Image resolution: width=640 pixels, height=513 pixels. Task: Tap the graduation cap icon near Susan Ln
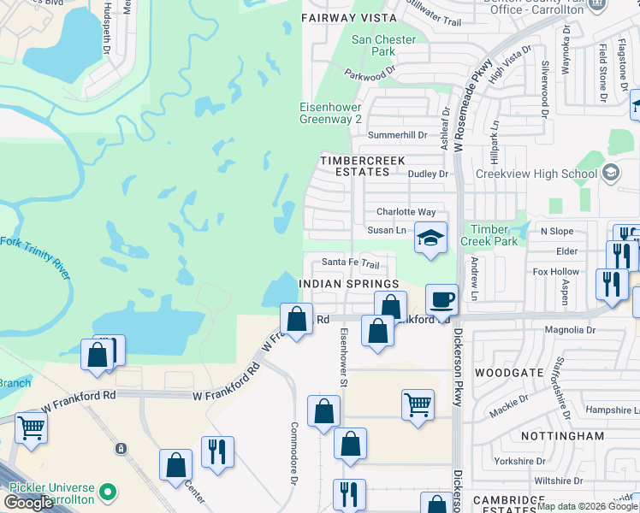[x=430, y=238]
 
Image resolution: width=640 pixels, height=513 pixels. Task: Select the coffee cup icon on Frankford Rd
[x=441, y=299]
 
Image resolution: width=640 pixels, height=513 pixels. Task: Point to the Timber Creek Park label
[x=489, y=235]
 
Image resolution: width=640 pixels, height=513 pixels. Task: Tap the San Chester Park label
[x=384, y=45]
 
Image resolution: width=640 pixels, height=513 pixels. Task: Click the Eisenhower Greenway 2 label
[x=329, y=113]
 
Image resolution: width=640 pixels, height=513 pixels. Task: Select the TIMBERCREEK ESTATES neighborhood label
[x=354, y=166]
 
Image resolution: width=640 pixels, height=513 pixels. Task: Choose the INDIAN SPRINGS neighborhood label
[x=349, y=283]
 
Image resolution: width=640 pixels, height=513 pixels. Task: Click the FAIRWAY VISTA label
[x=350, y=17]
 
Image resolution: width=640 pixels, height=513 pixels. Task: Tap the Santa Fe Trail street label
[x=350, y=263]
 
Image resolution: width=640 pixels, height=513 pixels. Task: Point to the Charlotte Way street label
[x=406, y=212]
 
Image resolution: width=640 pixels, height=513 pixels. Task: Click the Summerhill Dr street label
[x=396, y=135]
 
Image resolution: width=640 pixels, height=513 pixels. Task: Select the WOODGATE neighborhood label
[x=509, y=373]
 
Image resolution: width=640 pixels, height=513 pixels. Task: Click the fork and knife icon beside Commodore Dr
[x=217, y=451]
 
